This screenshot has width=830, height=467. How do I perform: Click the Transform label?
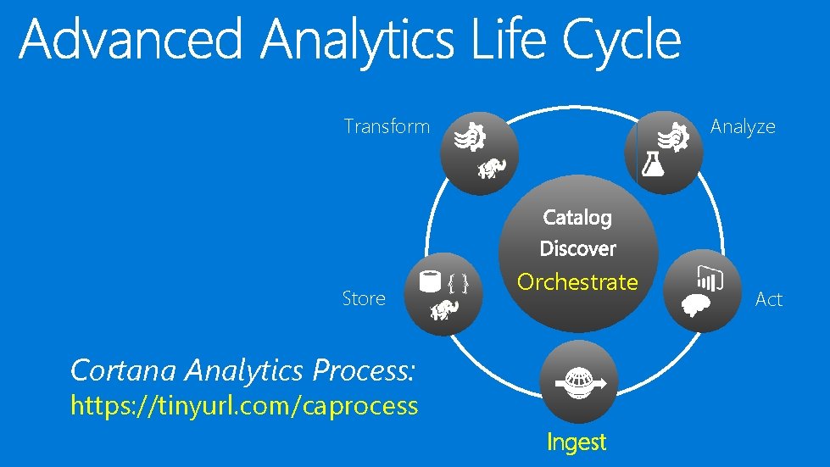[x=387, y=127]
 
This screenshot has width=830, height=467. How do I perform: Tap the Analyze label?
[x=743, y=127]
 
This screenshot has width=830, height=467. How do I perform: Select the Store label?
[x=364, y=298]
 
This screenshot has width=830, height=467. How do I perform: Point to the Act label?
[x=768, y=299]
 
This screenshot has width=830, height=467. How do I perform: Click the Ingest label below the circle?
[x=577, y=442]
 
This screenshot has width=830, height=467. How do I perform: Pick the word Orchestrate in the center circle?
[x=577, y=281]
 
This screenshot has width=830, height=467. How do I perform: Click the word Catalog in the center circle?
[x=577, y=218]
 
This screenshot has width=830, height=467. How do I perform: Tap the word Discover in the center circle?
[x=577, y=249]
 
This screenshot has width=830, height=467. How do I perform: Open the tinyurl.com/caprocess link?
[x=244, y=406]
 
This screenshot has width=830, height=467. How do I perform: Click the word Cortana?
[x=124, y=370]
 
